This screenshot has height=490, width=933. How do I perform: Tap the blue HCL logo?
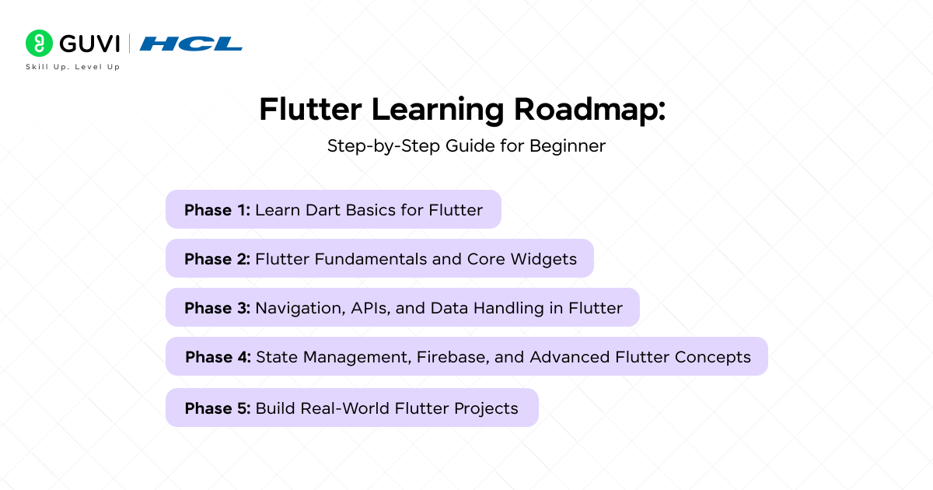point(190,44)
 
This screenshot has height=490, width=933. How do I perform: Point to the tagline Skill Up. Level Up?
point(72,67)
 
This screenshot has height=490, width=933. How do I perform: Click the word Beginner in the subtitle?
point(568,145)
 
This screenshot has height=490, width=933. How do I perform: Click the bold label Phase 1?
point(217,210)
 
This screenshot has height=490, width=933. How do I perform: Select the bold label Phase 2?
point(217,259)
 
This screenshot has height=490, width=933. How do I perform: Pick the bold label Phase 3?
point(217,308)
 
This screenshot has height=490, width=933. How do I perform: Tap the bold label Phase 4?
point(218,357)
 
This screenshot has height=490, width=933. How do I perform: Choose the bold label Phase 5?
point(217,408)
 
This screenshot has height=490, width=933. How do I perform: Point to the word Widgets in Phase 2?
point(543,259)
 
